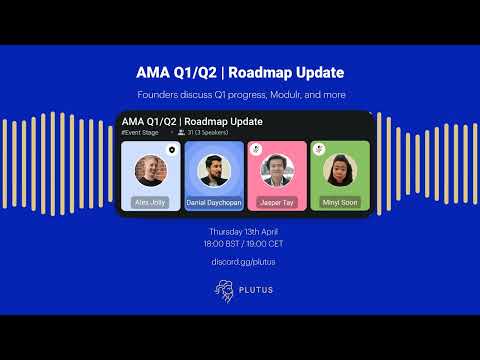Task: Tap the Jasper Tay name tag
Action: point(276,202)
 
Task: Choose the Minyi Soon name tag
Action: point(340,202)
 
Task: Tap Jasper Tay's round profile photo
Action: point(276,171)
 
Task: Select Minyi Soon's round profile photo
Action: point(340,171)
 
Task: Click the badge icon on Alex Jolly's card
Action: point(171,149)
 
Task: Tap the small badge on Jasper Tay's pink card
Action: point(254,149)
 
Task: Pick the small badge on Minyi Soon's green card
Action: point(318,149)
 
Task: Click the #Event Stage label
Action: point(140,132)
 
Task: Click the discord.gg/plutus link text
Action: point(240,262)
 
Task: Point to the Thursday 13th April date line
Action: point(240,231)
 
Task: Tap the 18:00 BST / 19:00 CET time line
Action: point(240,243)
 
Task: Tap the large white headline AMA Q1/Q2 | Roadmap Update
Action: point(240,73)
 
